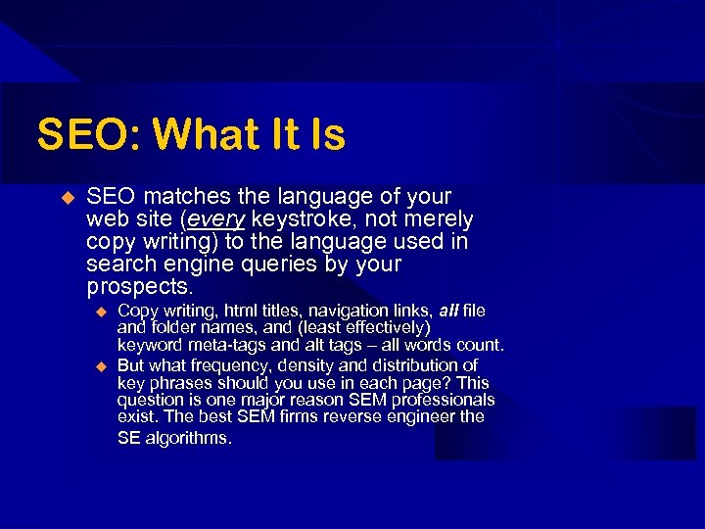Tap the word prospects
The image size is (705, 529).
(139, 287)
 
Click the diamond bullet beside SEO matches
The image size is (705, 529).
(68, 197)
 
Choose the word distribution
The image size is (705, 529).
(411, 365)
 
